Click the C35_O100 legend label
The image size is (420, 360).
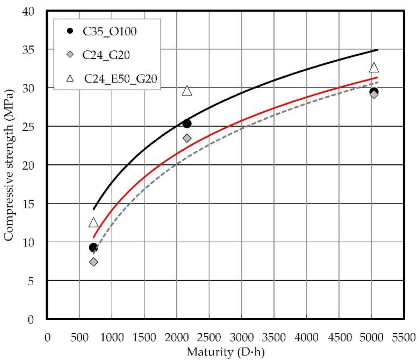pos(109,31)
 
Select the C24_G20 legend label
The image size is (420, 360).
pos(106,55)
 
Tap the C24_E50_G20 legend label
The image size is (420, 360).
pos(120,79)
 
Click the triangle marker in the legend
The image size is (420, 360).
pos(70,78)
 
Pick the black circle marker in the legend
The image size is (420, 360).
pos(70,31)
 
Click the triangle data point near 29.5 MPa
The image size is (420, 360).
pos(187,91)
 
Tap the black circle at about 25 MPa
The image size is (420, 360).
pos(187,124)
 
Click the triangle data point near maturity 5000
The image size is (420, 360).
pos(374,68)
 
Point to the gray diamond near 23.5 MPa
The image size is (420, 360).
pos(187,138)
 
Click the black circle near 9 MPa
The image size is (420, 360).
pos(93,248)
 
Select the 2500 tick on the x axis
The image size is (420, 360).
pos(209,337)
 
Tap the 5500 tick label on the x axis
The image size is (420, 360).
pos(404,337)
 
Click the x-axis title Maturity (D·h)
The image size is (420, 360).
pos(225,352)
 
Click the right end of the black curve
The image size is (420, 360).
pos(377,50)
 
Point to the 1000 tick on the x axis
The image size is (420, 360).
pos(112,337)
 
